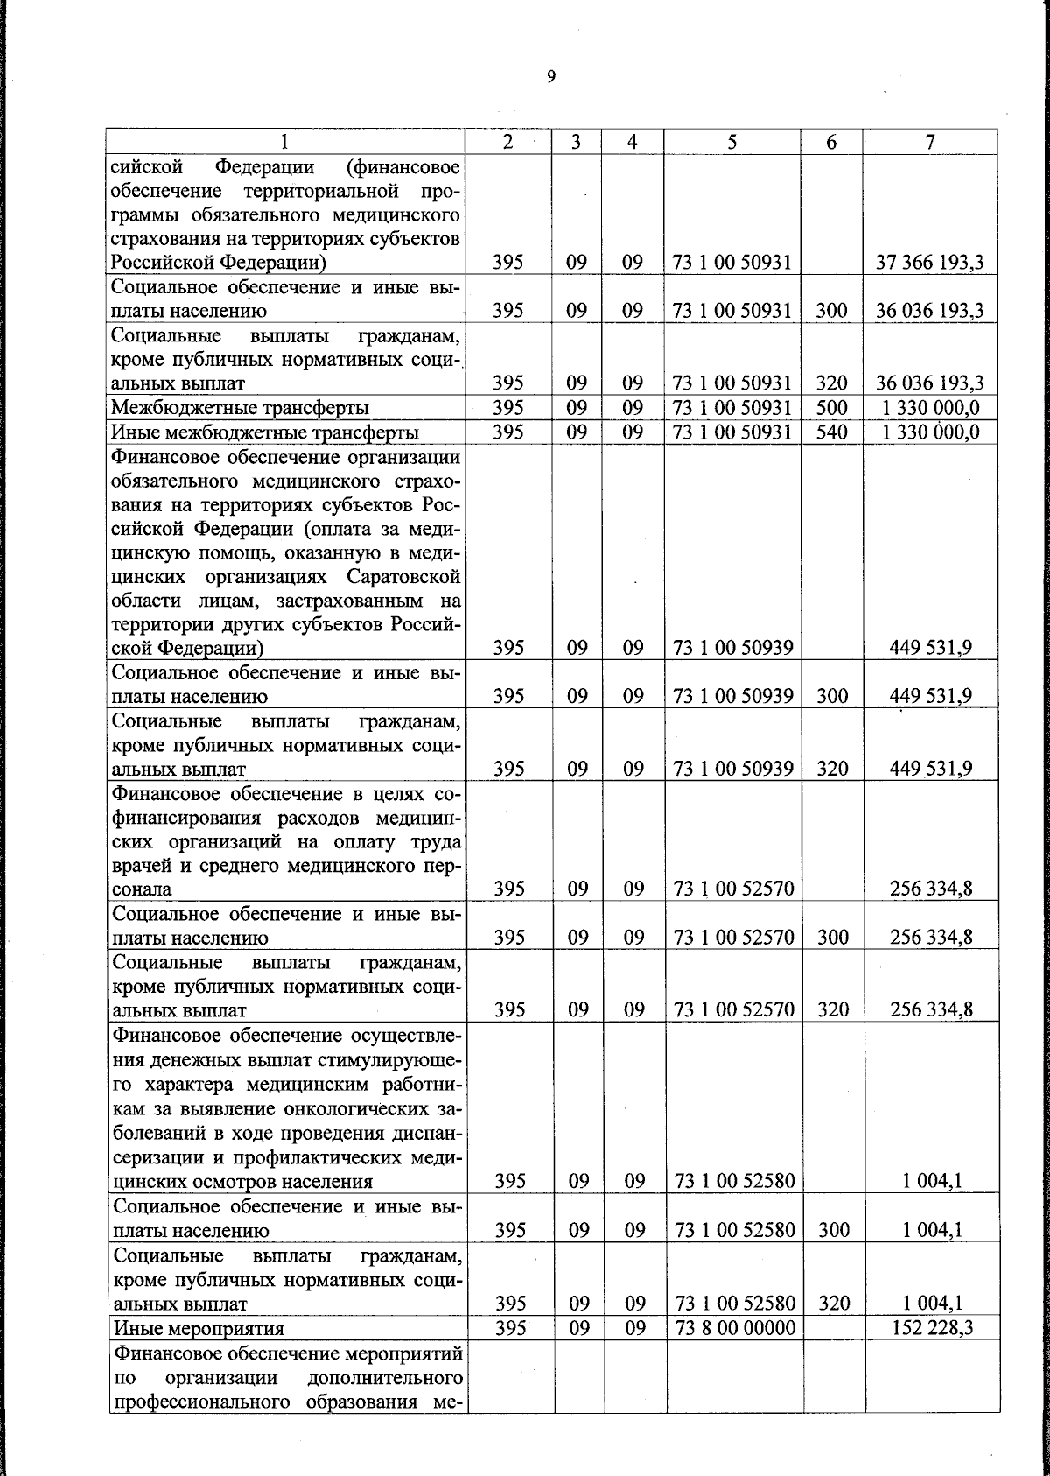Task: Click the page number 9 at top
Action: tap(550, 77)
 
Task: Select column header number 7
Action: tap(931, 142)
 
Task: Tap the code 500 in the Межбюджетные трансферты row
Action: tap(830, 407)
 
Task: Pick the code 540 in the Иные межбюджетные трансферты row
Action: tap(830, 432)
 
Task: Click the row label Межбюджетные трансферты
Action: tap(241, 408)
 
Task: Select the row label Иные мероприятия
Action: tap(199, 1353)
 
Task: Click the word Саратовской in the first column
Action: tap(403, 577)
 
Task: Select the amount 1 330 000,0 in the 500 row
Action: tap(930, 407)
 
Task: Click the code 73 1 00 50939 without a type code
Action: tap(733, 648)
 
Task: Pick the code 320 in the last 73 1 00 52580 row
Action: tap(833, 1327)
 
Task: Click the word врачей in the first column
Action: tap(140, 866)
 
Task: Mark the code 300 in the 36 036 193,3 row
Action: tap(830, 311)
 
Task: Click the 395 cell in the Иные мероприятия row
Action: tap(509, 1352)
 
